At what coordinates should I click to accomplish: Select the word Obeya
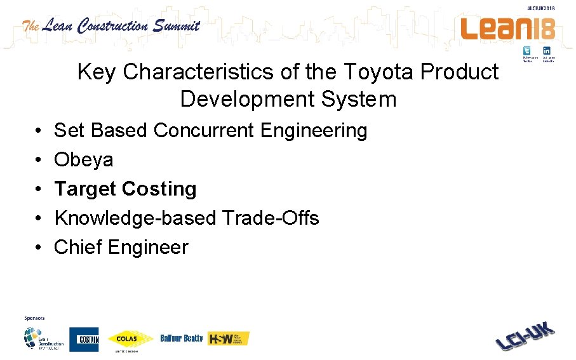(x=84, y=160)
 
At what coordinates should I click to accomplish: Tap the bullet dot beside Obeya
(x=39, y=160)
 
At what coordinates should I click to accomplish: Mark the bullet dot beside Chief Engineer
(x=39, y=248)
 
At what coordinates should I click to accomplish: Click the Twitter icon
(x=527, y=51)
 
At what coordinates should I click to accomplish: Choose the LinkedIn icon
(x=546, y=51)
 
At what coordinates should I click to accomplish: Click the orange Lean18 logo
(x=508, y=29)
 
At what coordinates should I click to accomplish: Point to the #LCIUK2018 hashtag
(x=540, y=8)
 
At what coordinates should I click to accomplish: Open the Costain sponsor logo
(x=84, y=340)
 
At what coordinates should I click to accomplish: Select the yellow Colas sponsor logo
(x=130, y=338)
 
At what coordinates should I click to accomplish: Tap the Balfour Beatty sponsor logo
(x=181, y=338)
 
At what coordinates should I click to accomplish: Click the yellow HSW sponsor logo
(x=229, y=338)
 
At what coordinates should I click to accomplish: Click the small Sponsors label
(x=34, y=317)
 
